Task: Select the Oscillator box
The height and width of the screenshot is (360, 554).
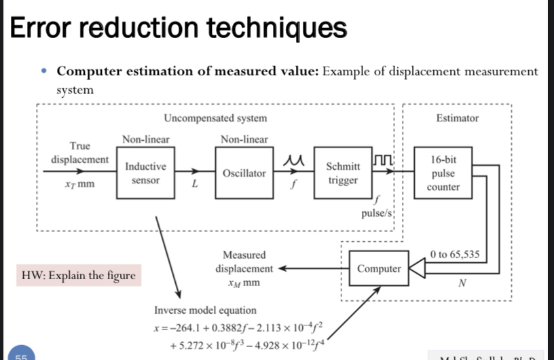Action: (x=244, y=173)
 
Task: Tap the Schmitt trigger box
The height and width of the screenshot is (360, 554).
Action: (x=343, y=173)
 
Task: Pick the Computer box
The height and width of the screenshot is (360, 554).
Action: (x=378, y=269)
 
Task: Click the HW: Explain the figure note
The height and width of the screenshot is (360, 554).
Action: (x=78, y=276)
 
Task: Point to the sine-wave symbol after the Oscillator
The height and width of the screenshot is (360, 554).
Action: (x=293, y=160)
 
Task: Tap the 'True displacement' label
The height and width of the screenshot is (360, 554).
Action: (x=79, y=153)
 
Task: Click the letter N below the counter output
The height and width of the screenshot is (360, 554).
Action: (x=461, y=284)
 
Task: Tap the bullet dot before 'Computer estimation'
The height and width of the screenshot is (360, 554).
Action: (x=44, y=71)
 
